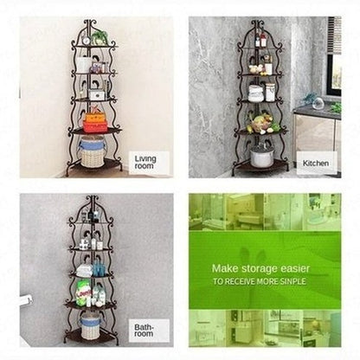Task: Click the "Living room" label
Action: [145, 162]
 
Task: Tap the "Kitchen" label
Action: [316, 164]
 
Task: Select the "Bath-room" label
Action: [144, 331]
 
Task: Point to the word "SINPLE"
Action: [291, 281]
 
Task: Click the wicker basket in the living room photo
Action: [92, 152]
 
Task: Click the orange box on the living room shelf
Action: [95, 118]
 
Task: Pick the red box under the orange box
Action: [95, 126]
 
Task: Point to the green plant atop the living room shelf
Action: [100, 36]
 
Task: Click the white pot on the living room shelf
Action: [84, 65]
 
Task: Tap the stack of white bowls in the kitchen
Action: [255, 93]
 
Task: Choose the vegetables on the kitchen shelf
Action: [262, 124]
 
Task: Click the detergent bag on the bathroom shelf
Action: [83, 292]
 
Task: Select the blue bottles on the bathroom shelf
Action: [99, 268]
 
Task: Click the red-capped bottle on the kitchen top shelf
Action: [263, 40]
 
